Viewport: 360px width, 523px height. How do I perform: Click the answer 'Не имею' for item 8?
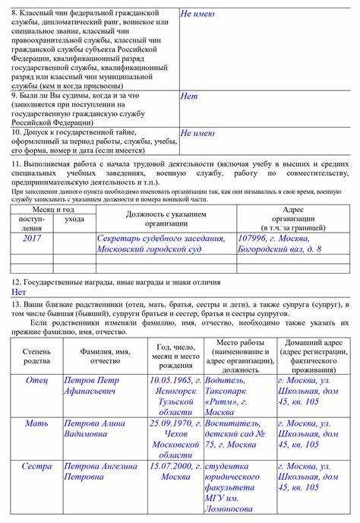point(197,14)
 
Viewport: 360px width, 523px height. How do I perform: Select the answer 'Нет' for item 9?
point(189,97)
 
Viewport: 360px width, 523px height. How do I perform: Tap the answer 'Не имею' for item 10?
point(197,133)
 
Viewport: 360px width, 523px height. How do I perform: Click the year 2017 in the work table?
point(31,239)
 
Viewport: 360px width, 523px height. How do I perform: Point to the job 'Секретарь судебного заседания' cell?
point(161,244)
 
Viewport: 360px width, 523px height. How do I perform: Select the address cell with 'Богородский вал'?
point(280,244)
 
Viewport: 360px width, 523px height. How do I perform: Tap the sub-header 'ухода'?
point(74,219)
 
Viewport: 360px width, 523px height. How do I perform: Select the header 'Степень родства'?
point(36,356)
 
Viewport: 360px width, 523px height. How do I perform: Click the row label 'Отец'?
point(36,379)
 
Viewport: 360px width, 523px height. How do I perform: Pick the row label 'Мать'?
point(36,423)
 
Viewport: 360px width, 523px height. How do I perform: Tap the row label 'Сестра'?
point(36,466)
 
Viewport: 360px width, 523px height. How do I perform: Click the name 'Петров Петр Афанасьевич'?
point(91,385)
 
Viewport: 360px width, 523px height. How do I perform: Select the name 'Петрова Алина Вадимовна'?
point(91,429)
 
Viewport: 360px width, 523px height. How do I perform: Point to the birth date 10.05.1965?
point(171,379)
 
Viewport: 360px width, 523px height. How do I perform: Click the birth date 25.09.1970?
point(171,423)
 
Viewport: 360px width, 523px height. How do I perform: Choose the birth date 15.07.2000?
point(171,466)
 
